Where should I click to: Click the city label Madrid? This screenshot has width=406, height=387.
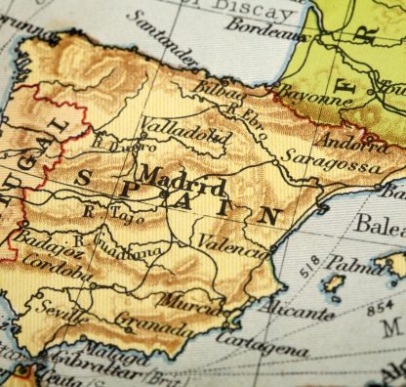[182, 182]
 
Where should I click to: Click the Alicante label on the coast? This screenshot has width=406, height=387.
[296, 312]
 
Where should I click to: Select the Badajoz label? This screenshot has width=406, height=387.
[35, 241]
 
